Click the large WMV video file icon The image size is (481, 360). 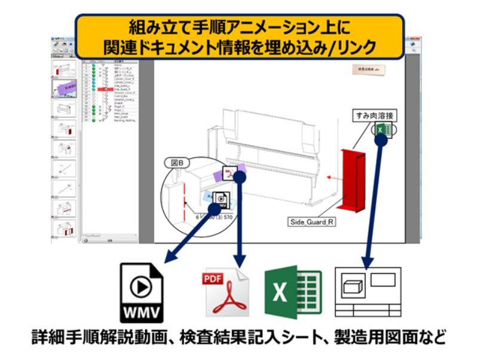144,290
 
